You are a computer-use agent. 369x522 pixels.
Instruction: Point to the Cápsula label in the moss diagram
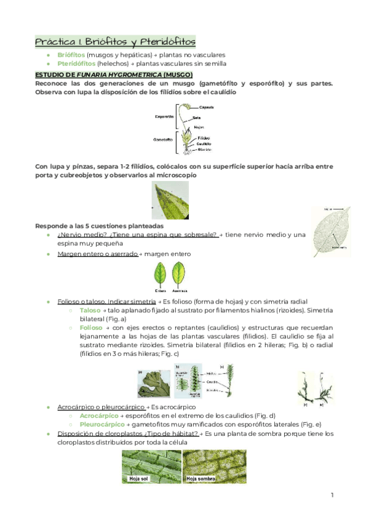coord(206,107)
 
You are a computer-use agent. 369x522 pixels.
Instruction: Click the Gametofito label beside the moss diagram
coord(163,140)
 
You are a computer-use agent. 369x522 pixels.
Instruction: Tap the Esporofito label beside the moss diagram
coord(164,116)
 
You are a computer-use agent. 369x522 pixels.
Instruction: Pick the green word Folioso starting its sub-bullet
coord(92,328)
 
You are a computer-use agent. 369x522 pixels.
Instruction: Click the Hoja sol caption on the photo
coord(140,478)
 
